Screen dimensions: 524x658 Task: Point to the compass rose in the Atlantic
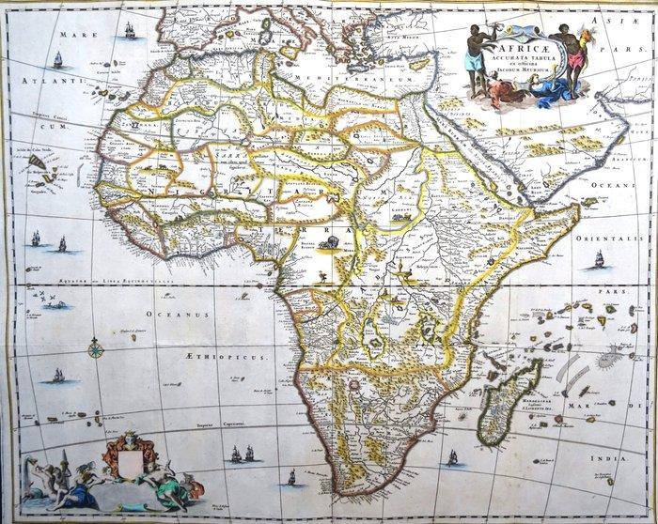pyautogui.click(x=95, y=351)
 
